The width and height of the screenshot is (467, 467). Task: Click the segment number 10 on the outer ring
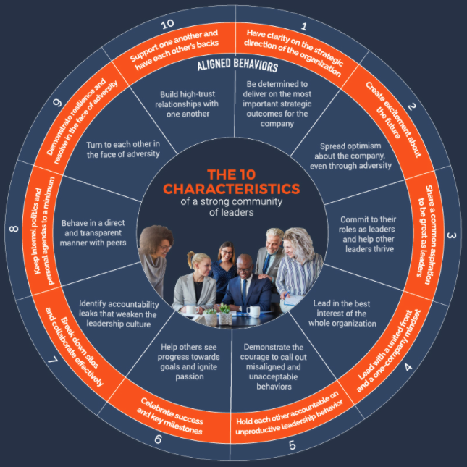[167, 24]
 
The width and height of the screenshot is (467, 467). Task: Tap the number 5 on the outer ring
[293, 445]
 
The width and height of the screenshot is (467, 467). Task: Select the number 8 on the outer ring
[14, 229]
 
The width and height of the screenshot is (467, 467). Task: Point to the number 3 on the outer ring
[451, 235]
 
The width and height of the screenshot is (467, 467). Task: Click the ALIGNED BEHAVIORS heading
[237, 65]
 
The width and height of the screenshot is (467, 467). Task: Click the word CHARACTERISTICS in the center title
[232, 189]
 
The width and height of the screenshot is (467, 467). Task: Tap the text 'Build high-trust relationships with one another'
[187, 104]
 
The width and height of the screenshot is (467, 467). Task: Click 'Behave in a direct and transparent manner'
[93, 233]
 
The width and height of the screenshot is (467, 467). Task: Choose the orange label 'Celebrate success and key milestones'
[170, 416]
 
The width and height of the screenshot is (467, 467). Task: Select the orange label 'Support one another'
[175, 50]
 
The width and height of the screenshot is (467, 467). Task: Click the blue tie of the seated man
[244, 291]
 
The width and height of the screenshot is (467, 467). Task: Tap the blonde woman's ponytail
[190, 258]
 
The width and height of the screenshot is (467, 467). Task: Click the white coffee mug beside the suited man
[253, 312]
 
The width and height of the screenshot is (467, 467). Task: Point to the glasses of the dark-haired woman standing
[227, 252]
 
